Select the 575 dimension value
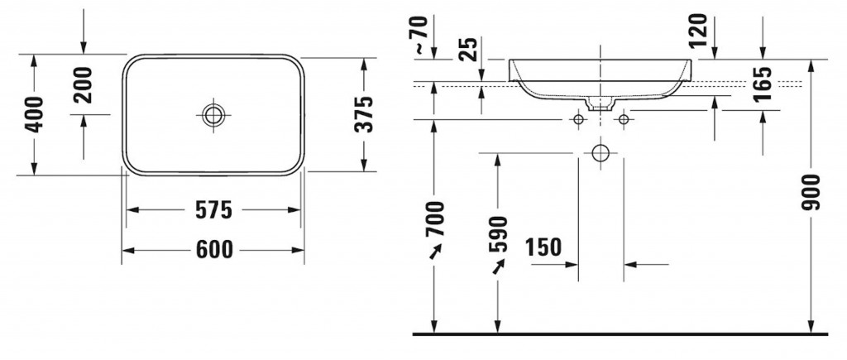click(x=213, y=211)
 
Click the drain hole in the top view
click(x=213, y=114)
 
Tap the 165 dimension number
click(x=762, y=84)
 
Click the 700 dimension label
click(x=436, y=218)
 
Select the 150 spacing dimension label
click(x=543, y=247)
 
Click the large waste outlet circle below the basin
click(x=601, y=154)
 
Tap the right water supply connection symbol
click(x=623, y=120)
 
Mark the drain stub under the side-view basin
click(x=600, y=104)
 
